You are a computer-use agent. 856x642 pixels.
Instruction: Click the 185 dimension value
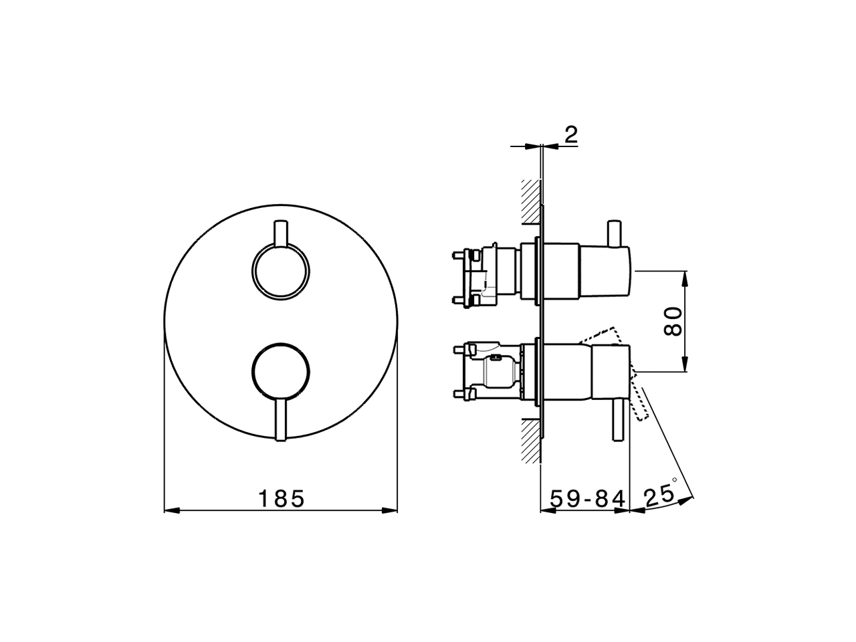click(x=281, y=498)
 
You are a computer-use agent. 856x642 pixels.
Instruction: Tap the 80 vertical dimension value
click(x=673, y=321)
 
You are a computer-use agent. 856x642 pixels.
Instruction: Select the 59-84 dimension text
click(x=587, y=498)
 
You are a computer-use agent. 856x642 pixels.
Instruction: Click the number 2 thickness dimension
click(x=570, y=134)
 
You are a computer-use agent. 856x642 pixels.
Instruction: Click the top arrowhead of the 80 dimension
click(x=685, y=277)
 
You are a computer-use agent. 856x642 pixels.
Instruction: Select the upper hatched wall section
click(x=530, y=201)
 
